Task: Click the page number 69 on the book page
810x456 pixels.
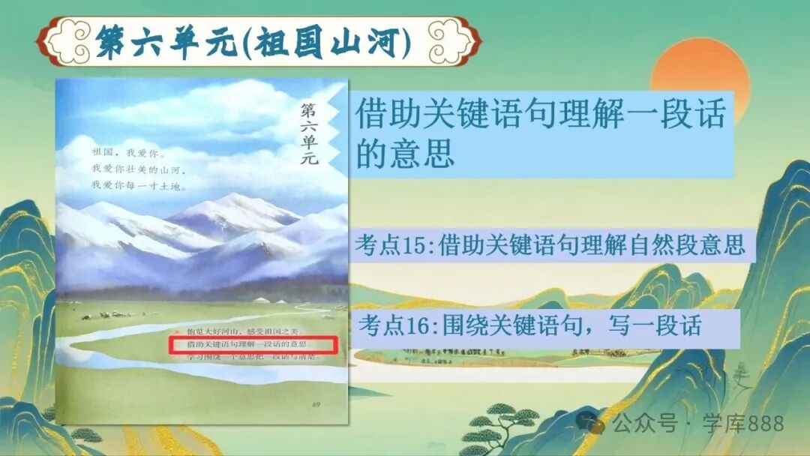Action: coord(316,405)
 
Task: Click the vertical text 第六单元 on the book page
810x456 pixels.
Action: coord(308,133)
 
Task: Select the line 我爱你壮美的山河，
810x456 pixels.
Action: coord(137,170)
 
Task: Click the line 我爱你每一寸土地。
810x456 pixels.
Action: coord(138,184)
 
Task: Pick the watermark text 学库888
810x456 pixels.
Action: coord(742,424)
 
